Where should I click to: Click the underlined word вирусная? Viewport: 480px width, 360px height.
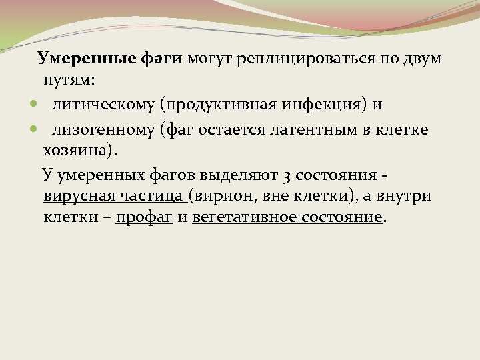[x=78, y=196]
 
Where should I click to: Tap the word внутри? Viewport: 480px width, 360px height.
[x=406, y=196]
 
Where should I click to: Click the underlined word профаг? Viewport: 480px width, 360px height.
[x=143, y=218]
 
